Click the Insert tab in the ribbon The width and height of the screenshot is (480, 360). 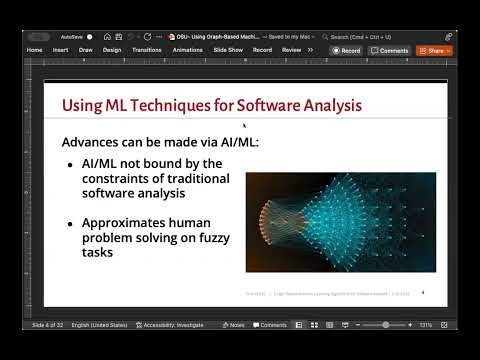(x=60, y=49)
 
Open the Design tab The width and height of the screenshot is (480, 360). (x=112, y=49)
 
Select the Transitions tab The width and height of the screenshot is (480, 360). (x=146, y=49)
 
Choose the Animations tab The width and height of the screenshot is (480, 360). (x=187, y=49)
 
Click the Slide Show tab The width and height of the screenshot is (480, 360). (x=228, y=49)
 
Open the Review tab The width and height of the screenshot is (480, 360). (x=291, y=49)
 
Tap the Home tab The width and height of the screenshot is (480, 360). (x=34, y=49)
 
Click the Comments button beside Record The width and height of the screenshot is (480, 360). (x=390, y=50)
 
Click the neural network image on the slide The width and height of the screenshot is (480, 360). (x=340, y=223)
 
